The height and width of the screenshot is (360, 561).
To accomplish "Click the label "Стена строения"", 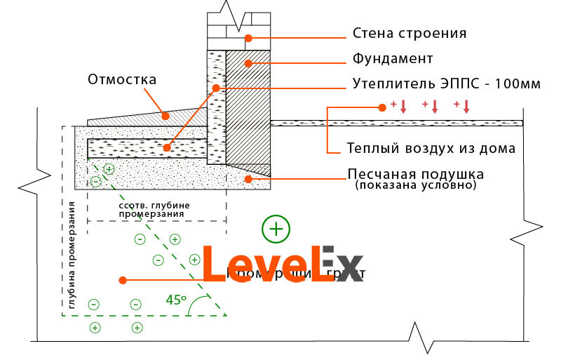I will pos(410,34).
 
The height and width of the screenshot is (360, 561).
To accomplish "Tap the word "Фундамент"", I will pos(392,58).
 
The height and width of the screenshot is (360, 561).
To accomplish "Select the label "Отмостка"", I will pos(121,79).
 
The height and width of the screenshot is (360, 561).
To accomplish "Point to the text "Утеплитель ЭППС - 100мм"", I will pos(446,84).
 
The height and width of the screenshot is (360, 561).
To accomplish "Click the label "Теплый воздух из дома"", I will pos(431,148).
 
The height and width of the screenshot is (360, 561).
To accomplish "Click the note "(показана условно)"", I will pos(415,186).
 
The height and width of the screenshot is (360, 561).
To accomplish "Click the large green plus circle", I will pos(276,228).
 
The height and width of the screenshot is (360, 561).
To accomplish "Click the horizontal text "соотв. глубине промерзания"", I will pos(155,209).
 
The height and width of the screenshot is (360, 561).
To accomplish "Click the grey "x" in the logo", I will pos(349,270).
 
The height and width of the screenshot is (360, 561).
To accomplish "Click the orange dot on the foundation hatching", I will pos(247,63).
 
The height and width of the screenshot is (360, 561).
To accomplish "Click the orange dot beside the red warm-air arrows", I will pos(382,107).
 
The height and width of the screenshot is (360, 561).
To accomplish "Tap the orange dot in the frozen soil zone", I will pos(123,280).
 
